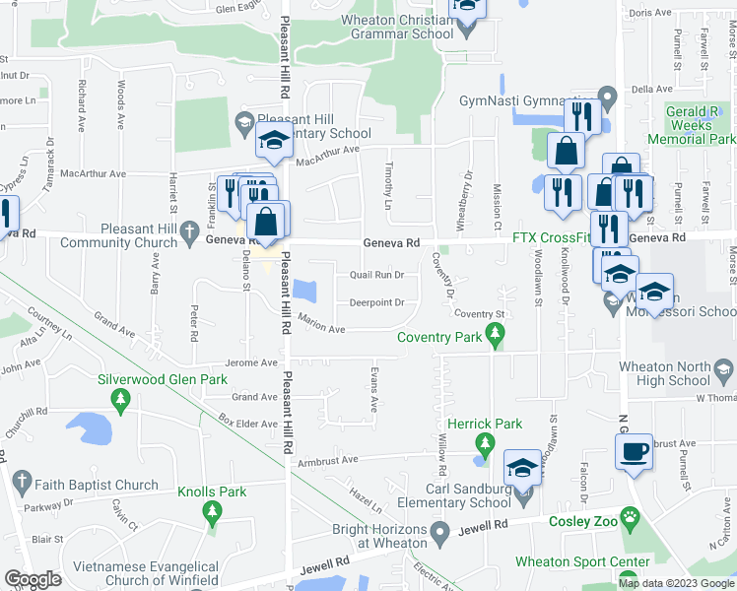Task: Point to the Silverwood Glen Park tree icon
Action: coord(120,398)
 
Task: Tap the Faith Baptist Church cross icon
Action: coord(23,485)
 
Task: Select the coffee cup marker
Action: coord(634,451)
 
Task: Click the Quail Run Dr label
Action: coord(377,275)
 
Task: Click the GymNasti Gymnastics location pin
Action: coord(608,98)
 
